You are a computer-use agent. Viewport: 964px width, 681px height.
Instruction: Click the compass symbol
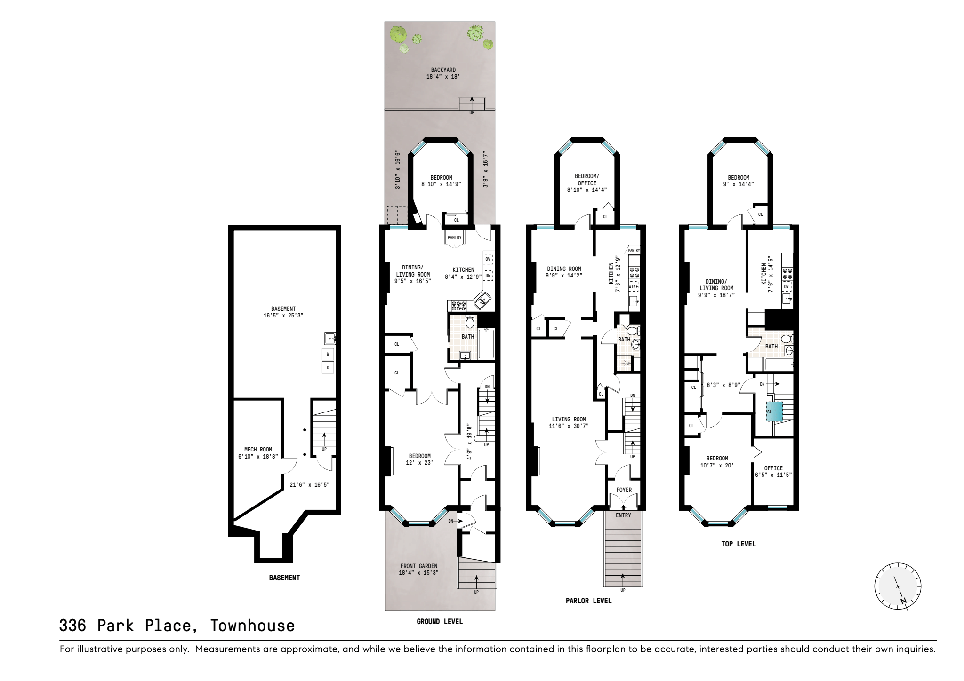coord(897,586)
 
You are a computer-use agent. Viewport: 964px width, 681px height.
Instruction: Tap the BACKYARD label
coord(443,70)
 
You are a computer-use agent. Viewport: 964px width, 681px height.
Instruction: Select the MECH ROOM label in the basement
coord(258,449)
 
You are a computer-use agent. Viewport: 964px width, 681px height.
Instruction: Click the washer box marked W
coord(328,354)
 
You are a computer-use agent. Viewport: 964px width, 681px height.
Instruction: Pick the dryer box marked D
coord(328,368)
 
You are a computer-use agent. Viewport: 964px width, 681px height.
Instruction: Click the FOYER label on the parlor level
coord(624,490)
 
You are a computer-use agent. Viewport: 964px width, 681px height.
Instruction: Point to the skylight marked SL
coord(774,412)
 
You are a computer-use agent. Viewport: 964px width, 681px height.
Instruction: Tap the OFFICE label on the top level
coord(773,468)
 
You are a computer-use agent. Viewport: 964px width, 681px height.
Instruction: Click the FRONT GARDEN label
coord(419,566)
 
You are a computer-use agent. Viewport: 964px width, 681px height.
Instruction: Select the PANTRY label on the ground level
coord(454,238)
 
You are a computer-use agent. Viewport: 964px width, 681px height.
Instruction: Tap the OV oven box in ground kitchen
coord(488,259)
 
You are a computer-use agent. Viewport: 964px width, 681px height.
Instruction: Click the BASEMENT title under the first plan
coord(284,578)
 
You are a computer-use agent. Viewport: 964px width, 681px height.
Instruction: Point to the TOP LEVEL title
coord(738,544)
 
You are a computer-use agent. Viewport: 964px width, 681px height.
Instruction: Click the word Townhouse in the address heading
coord(252,626)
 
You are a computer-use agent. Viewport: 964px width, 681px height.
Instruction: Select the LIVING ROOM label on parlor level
coord(569,420)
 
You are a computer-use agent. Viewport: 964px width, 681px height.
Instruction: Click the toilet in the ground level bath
coord(469,323)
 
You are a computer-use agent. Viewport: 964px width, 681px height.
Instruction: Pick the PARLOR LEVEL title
coord(588,601)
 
